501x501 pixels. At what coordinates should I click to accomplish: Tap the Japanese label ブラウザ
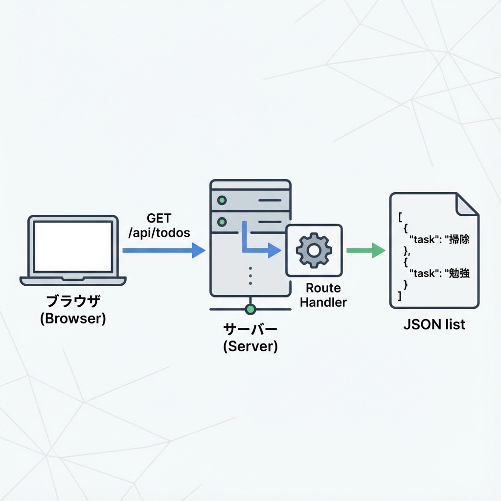click(x=73, y=300)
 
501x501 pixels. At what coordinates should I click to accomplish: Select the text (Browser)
click(x=73, y=319)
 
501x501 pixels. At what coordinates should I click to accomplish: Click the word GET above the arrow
click(x=159, y=218)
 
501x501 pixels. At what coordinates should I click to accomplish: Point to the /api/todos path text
click(x=159, y=233)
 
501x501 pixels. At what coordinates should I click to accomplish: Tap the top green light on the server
click(x=223, y=200)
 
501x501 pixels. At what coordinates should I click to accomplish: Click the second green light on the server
click(x=223, y=222)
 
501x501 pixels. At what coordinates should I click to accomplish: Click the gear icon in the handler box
click(x=314, y=250)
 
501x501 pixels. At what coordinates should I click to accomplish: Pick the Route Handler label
click(x=323, y=295)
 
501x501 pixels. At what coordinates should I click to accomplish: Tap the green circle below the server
click(x=250, y=309)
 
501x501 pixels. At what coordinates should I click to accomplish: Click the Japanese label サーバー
click(x=250, y=329)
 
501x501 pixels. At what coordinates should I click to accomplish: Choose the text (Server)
click(x=250, y=347)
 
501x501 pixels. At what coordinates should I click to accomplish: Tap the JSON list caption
click(x=434, y=324)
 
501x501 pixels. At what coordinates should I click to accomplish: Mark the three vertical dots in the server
click(x=250, y=275)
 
